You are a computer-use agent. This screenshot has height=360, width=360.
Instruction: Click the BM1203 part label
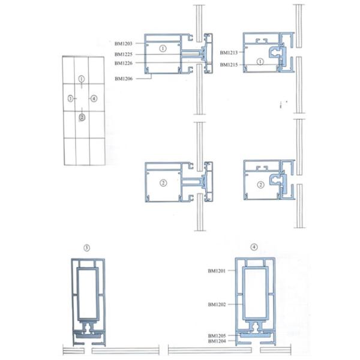124,44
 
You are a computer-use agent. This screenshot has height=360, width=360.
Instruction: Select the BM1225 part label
124,55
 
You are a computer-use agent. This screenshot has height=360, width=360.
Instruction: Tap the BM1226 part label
124,63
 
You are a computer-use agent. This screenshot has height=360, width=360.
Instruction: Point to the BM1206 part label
124,79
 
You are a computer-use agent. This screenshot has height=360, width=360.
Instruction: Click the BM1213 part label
229,53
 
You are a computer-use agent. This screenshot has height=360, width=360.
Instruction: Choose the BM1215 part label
229,65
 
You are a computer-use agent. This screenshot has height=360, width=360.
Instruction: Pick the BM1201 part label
217,271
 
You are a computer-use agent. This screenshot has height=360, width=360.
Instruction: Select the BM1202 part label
217,304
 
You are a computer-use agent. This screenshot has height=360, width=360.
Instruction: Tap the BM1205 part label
217,335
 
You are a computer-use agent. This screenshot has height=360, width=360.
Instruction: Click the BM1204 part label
217,341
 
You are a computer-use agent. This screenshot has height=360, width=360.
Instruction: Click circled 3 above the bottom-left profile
86,248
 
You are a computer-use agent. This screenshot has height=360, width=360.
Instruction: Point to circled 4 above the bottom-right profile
254,247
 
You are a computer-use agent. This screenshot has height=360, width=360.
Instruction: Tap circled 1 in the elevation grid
82,79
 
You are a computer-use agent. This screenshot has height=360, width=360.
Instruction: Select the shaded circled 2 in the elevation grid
82,118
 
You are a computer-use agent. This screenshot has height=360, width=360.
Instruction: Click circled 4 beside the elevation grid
94,99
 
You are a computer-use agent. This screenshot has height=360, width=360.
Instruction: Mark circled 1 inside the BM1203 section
163,49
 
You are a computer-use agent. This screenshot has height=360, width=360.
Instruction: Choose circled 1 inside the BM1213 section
260,62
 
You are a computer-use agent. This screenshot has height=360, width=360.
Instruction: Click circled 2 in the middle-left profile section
163,183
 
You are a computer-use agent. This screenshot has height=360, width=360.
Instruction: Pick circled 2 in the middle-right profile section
260,185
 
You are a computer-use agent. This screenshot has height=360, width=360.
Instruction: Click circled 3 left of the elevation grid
70,99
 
